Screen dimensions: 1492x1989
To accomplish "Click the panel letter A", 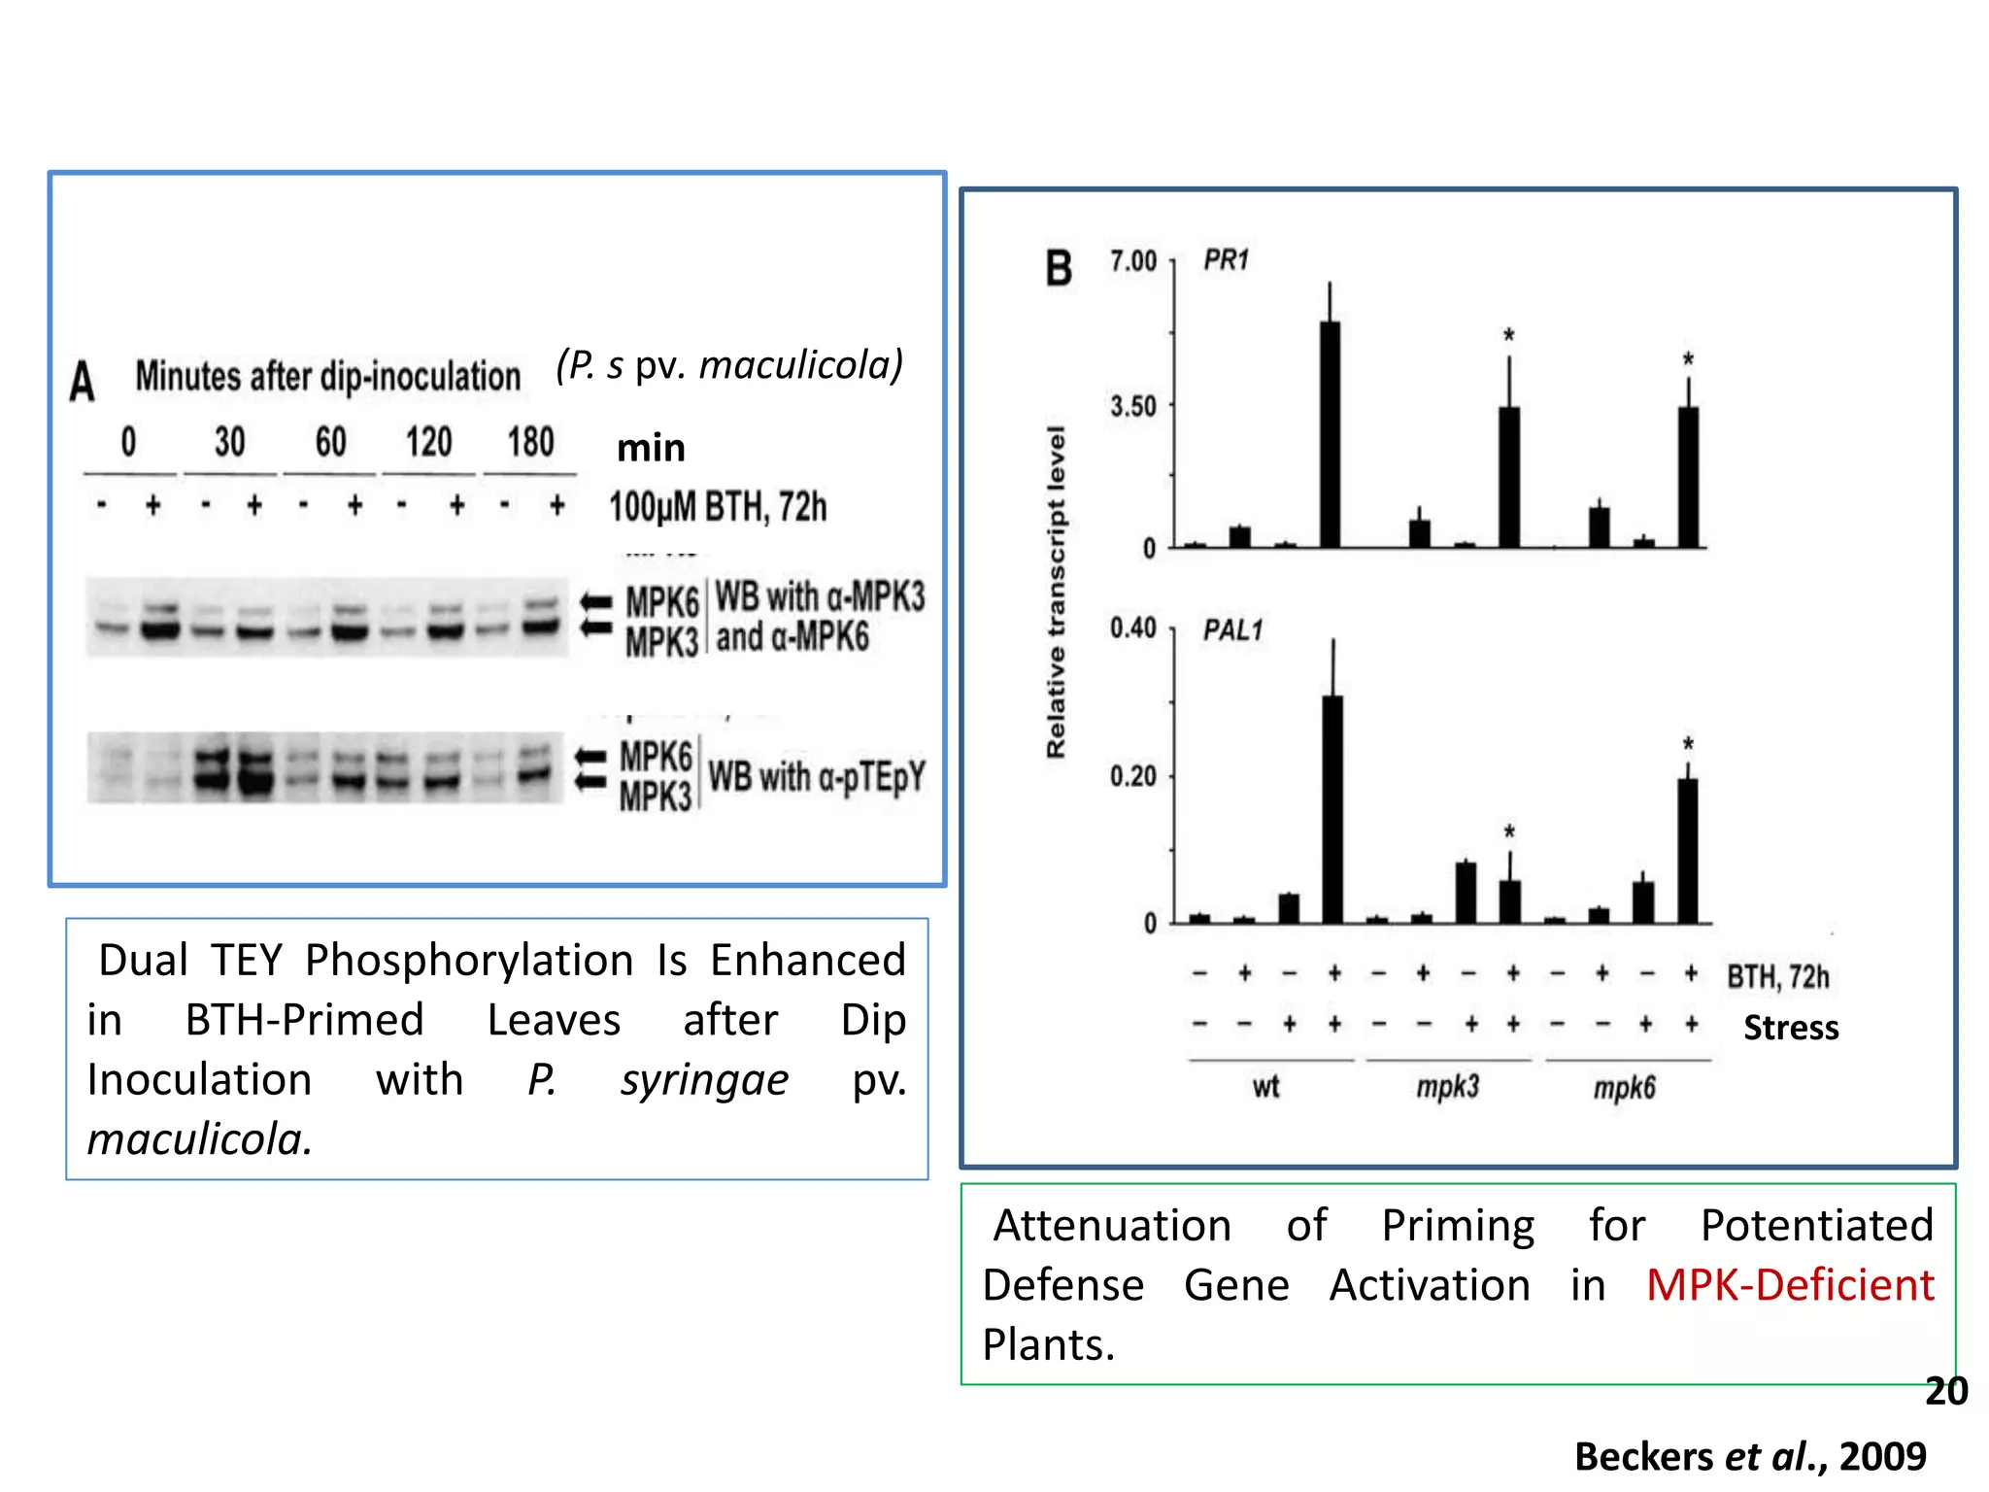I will click(83, 381).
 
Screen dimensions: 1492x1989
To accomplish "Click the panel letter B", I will click(1059, 268).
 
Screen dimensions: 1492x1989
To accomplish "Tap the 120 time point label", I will click(428, 442).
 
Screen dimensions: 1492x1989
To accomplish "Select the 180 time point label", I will click(530, 442).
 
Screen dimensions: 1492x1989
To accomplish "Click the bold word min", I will click(651, 448).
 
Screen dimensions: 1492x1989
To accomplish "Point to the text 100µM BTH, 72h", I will click(718, 507).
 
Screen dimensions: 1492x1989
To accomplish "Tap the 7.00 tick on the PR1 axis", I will click(1133, 261).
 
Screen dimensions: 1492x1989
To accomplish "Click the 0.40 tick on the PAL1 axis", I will click(1133, 628).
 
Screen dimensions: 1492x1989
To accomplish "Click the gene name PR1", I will click(1226, 260).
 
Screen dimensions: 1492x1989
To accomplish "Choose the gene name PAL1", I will click(1232, 630).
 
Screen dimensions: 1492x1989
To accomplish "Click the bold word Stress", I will click(1790, 1028).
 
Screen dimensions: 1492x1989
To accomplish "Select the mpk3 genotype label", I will click(1447, 1086).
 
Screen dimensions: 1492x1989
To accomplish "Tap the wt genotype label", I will click(1265, 1086).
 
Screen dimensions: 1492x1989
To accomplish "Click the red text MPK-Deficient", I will click(1789, 1285).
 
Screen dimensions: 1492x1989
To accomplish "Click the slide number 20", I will click(1945, 1391).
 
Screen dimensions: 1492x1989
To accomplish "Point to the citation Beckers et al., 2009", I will click(1750, 1456).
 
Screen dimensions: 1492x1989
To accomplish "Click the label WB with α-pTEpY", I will click(816, 777).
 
